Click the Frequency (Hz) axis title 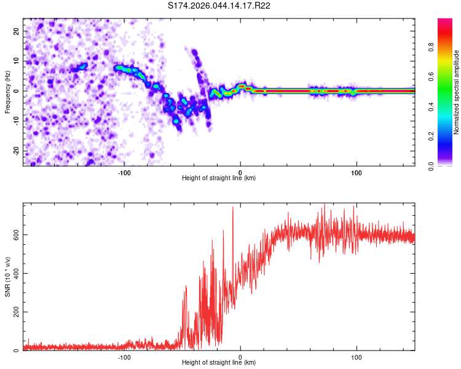coord(8,91)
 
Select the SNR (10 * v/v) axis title coord(8,279)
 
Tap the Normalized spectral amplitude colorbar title coord(457,92)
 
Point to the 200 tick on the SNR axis coord(15,312)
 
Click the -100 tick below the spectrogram coord(124,173)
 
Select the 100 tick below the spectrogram coord(357,173)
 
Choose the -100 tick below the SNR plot coord(124,357)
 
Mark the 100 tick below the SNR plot coord(357,357)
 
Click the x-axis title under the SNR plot coord(219,363)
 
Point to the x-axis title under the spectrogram coord(219,178)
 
